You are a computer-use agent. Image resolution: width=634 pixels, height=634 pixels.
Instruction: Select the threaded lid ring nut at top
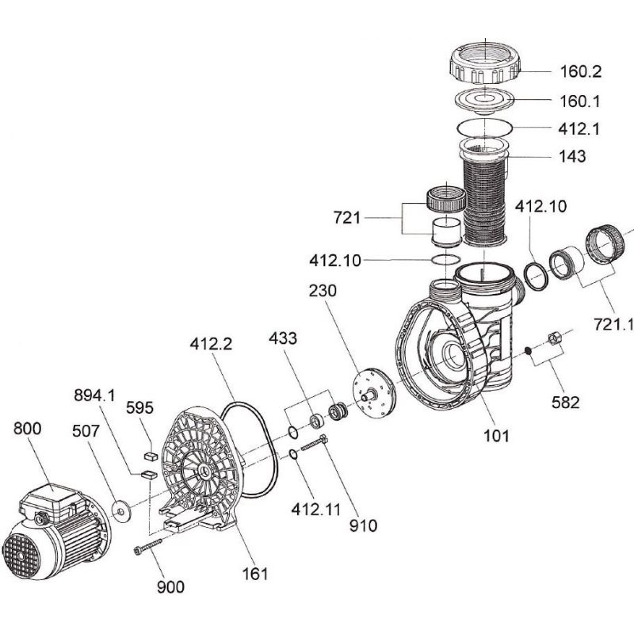point(486,63)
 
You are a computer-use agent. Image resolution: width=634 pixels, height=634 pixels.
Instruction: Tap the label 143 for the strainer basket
point(571,156)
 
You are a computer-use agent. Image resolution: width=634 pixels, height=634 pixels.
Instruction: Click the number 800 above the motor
point(29,430)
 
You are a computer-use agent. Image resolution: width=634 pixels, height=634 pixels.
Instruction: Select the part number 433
point(283,338)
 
